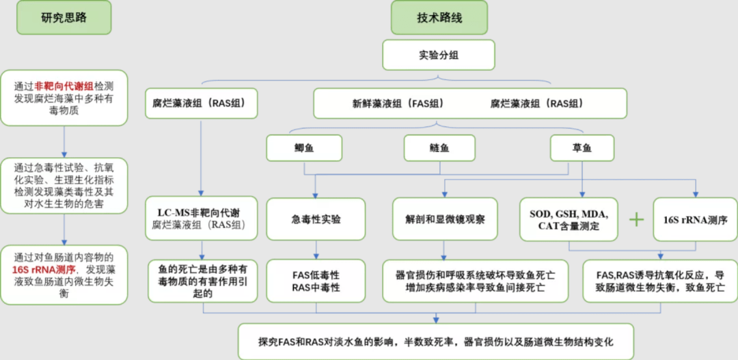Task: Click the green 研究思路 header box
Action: (x=64, y=18)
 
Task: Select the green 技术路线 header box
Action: (x=439, y=18)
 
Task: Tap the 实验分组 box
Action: (x=438, y=55)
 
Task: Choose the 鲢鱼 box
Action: (x=439, y=147)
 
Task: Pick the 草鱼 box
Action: (x=582, y=147)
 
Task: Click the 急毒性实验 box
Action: (x=315, y=219)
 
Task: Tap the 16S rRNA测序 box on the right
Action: (x=695, y=219)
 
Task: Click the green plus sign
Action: (x=636, y=219)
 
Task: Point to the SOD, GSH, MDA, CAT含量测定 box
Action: (x=569, y=219)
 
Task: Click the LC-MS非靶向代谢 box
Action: (x=202, y=219)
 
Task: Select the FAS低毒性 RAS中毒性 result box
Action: (x=315, y=281)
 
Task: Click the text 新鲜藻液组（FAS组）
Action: (x=398, y=104)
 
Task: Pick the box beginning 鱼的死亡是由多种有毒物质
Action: (x=202, y=281)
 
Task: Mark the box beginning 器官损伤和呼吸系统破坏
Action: (x=474, y=281)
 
